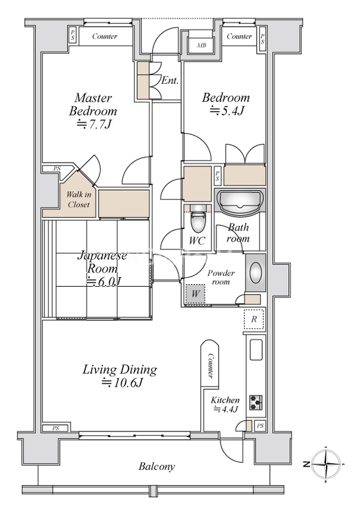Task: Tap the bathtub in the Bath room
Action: click(240, 202)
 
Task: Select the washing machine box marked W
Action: click(195, 294)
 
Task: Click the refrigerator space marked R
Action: click(254, 319)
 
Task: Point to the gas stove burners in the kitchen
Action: click(256, 403)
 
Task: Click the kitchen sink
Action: click(256, 349)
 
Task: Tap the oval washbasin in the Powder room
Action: click(256, 273)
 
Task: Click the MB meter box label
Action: click(202, 45)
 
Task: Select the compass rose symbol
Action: click(325, 463)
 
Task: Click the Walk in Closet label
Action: click(78, 200)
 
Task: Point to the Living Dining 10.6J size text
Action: click(122, 382)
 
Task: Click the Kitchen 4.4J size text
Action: click(225, 409)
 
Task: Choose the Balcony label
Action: click(157, 466)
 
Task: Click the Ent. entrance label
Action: click(170, 81)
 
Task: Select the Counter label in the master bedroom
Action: click(104, 36)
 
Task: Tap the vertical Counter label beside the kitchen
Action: click(211, 365)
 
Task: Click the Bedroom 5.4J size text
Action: click(227, 111)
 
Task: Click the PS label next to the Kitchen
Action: click(260, 426)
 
